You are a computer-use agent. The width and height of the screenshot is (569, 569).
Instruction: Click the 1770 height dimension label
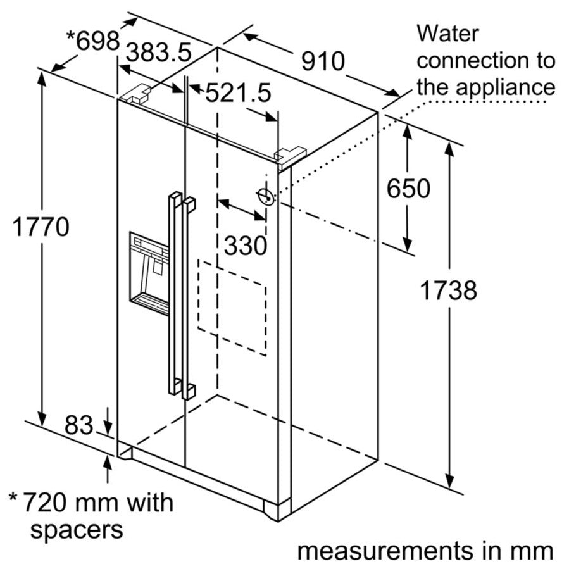click(x=41, y=226)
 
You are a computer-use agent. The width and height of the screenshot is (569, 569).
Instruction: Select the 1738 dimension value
click(x=448, y=291)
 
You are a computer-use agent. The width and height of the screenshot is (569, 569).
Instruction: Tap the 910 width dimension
click(x=322, y=61)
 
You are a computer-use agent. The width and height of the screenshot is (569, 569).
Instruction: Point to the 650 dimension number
click(x=408, y=188)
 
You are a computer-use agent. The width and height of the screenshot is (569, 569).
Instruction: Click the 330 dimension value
click(x=246, y=245)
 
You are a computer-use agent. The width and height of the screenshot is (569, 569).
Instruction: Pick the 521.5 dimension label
click(x=238, y=93)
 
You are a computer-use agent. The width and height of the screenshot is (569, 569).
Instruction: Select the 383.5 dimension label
click(x=159, y=53)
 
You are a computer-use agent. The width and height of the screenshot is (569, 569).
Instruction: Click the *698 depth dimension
click(x=93, y=42)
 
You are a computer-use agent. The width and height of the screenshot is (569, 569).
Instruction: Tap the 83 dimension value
click(x=78, y=425)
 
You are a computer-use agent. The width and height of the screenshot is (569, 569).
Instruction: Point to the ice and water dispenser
click(x=149, y=273)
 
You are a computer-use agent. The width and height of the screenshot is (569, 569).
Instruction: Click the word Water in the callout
click(x=448, y=34)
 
